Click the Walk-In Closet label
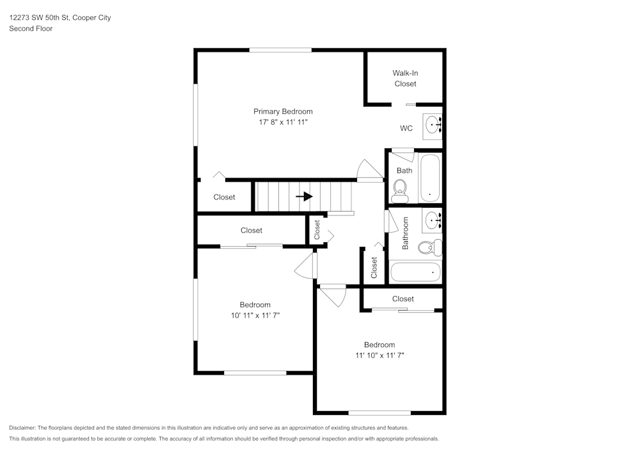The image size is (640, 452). (x=404, y=79)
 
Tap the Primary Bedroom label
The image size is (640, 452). (x=283, y=111)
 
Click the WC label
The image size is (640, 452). (x=406, y=129)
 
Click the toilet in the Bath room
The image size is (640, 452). (x=401, y=187)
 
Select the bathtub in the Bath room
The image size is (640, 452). (x=429, y=178)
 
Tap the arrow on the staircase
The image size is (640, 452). (x=304, y=197)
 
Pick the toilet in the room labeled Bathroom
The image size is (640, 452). (x=429, y=247)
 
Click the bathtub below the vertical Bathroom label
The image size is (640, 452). (x=415, y=272)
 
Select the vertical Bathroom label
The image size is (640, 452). (x=405, y=233)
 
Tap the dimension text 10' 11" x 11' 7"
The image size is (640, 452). (x=255, y=315)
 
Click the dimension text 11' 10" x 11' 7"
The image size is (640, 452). (x=380, y=355)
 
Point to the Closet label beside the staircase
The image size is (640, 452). (x=224, y=197)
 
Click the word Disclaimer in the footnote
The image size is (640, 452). (x=22, y=428)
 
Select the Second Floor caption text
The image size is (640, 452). (x=31, y=29)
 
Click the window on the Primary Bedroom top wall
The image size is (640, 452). (x=280, y=49)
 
